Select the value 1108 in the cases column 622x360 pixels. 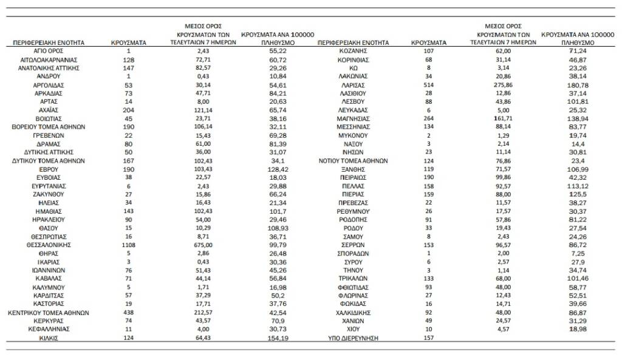coord(128,245)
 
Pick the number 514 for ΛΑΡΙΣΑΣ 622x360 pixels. coord(428,86)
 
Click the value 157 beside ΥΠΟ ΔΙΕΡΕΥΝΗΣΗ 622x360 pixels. coord(428,338)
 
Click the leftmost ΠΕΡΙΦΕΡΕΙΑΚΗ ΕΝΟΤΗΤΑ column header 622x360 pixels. coord(49,44)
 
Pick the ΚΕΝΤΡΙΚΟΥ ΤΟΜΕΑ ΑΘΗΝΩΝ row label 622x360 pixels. coord(49,313)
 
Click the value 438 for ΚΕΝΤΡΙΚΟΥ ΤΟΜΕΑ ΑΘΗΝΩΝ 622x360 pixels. coord(128,313)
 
